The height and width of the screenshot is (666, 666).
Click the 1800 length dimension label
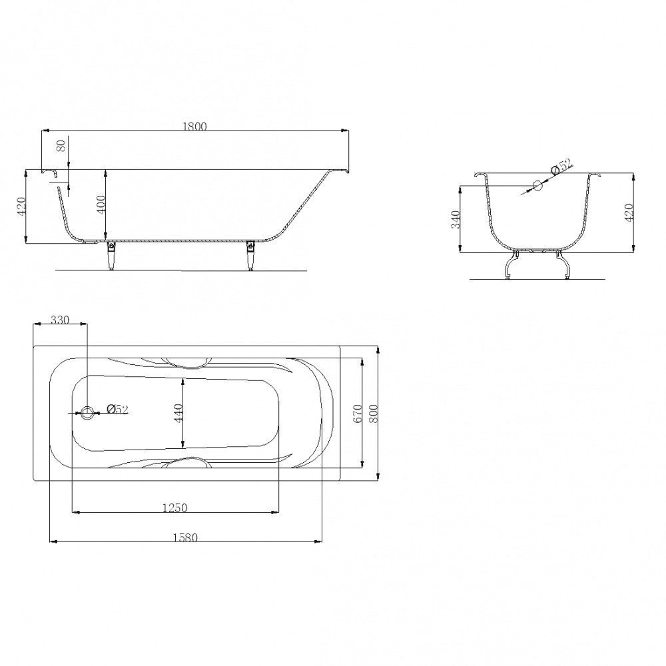(194, 127)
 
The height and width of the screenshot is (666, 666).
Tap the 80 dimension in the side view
(61, 146)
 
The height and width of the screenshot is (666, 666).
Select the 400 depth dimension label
(101, 204)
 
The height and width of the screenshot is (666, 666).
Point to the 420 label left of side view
(22, 206)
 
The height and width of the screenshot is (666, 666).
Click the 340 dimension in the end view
(456, 219)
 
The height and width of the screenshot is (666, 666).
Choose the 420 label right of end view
(629, 212)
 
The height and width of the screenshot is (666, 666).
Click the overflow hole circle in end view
(537, 185)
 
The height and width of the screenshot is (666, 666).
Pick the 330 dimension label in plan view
(59, 320)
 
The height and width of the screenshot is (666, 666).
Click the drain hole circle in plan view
(87, 412)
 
